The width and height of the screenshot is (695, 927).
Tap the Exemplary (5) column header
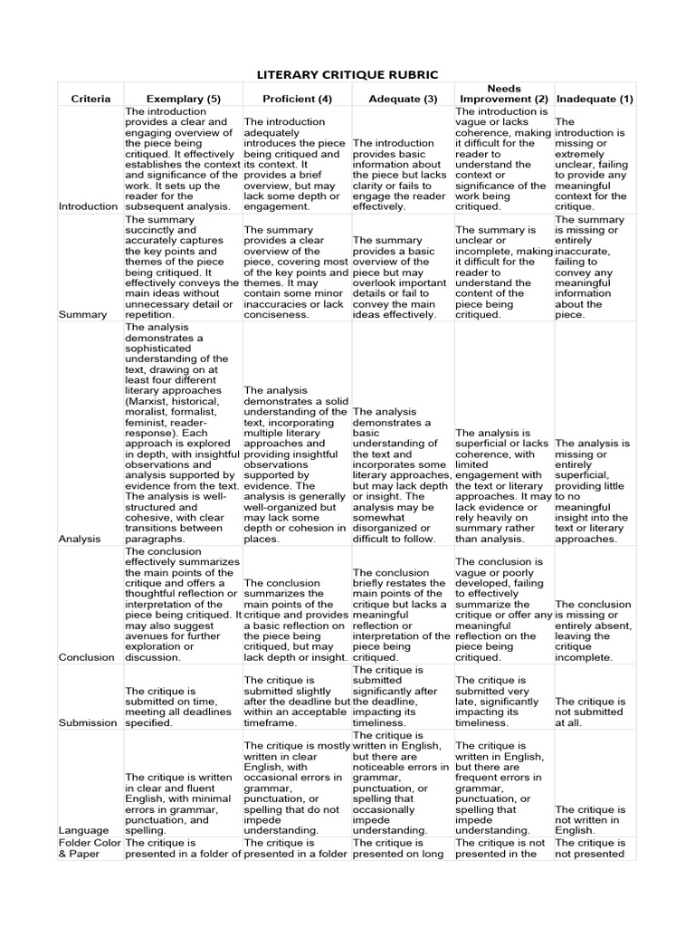(183, 98)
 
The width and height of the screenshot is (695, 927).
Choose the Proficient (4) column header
(297, 98)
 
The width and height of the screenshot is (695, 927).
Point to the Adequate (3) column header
(403, 98)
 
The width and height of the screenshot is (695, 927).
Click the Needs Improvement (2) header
(504, 91)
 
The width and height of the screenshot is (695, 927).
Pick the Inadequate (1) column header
(595, 98)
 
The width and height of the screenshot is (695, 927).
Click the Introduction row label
(89, 206)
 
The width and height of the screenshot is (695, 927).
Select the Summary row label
(78, 314)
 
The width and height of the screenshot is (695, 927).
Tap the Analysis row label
(79, 538)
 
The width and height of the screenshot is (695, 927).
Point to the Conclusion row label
(87, 657)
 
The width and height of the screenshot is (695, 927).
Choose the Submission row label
(89, 722)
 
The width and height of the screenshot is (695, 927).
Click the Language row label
(82, 829)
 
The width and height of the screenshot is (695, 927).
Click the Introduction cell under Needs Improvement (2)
(503, 158)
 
